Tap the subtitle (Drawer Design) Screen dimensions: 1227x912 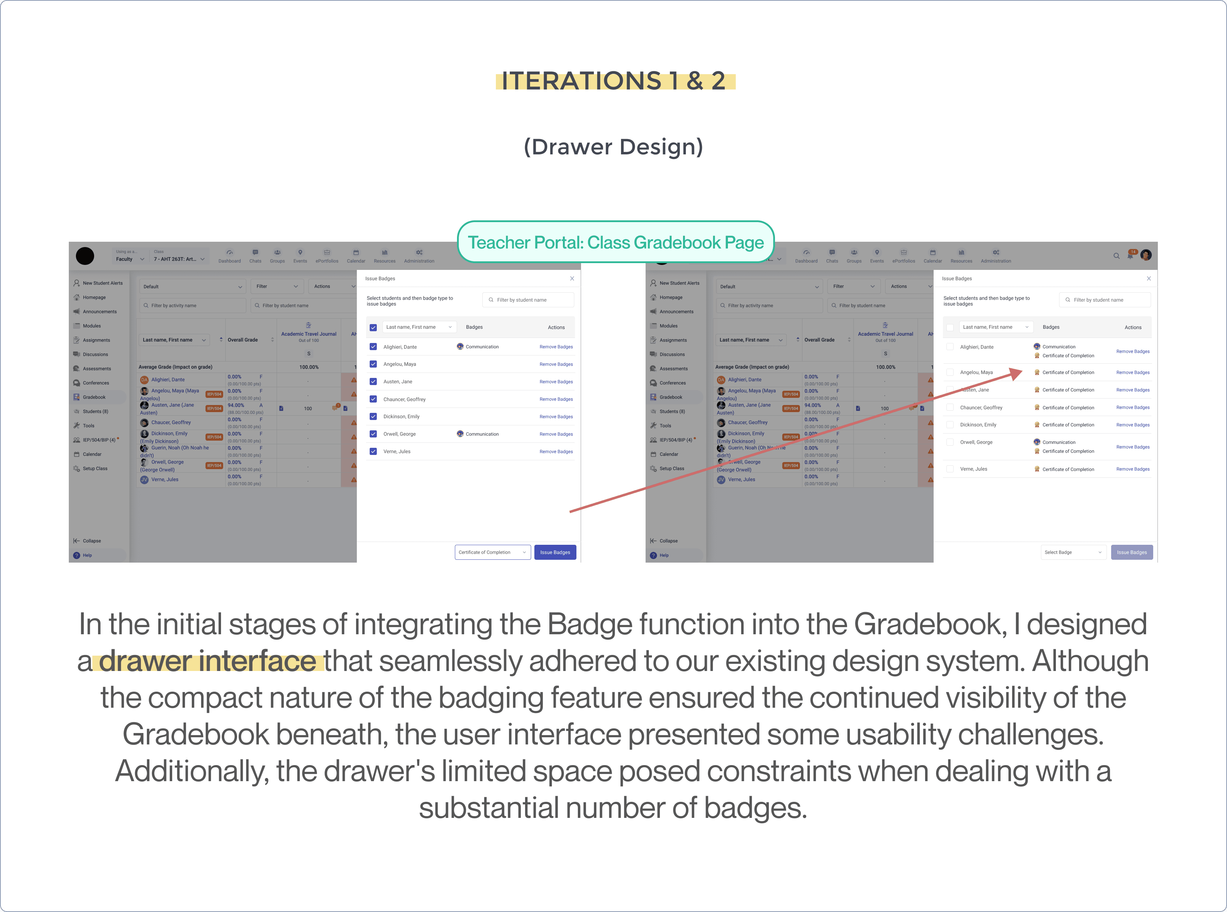point(613,147)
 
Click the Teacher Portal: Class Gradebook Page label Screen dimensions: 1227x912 point(615,242)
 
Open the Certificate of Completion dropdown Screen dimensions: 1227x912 point(492,552)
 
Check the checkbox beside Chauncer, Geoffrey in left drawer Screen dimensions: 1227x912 point(373,399)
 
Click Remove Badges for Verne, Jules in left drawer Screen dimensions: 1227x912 point(556,452)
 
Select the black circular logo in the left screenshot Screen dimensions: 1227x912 point(85,256)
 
